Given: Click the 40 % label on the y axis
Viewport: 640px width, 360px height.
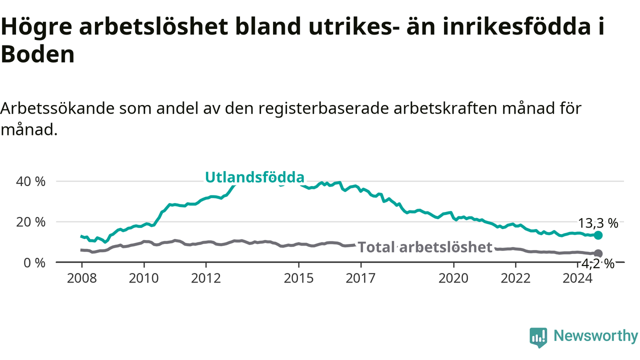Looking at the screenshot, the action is pos(30,181).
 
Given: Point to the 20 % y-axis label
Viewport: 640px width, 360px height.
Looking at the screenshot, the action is pos(30,222).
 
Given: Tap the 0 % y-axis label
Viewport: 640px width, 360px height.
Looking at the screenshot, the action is pos(34,263).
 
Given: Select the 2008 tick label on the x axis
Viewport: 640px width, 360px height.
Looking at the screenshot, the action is pos(81,278).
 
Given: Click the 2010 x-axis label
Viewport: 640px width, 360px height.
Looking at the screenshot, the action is pos(143,278).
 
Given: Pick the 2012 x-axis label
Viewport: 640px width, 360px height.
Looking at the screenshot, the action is pos(205,278).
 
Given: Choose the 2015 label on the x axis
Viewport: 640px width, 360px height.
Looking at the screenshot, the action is pos(298,278).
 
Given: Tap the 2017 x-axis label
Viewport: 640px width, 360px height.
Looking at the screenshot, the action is pos(360,278).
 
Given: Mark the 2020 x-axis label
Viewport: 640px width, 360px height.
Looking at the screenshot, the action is pos(453,278).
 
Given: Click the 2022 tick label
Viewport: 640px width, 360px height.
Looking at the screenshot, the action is pos(515,278).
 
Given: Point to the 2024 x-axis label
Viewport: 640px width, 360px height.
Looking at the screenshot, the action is pos(577,278).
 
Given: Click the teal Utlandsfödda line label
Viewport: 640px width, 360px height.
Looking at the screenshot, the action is pos(254,177).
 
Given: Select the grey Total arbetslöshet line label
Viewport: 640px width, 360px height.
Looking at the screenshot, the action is pos(425,247).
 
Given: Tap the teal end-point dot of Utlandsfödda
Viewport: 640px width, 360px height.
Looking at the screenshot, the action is pos(598,235).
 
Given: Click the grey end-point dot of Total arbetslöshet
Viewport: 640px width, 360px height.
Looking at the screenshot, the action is pos(598,253).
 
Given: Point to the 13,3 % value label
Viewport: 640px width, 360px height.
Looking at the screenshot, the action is pos(598,223).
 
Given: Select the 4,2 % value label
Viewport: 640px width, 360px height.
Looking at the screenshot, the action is pos(597,264).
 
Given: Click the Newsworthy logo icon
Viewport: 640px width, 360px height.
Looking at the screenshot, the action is pos(538,337).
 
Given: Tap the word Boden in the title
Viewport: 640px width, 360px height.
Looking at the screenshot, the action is pos(37,54).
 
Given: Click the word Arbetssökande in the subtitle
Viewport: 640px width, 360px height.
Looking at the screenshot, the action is pos(57,108).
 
